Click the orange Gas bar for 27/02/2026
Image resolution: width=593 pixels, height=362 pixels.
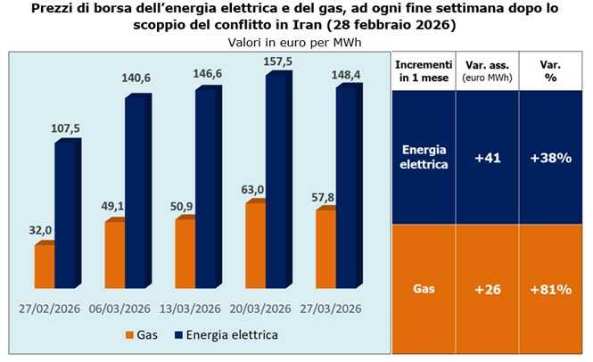point(45,266)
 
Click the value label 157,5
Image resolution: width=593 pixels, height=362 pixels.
point(279,63)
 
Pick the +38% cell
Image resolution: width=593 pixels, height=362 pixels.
point(551,158)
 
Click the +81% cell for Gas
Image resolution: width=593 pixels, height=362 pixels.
point(551,291)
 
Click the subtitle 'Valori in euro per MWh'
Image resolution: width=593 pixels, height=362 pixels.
point(295,42)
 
